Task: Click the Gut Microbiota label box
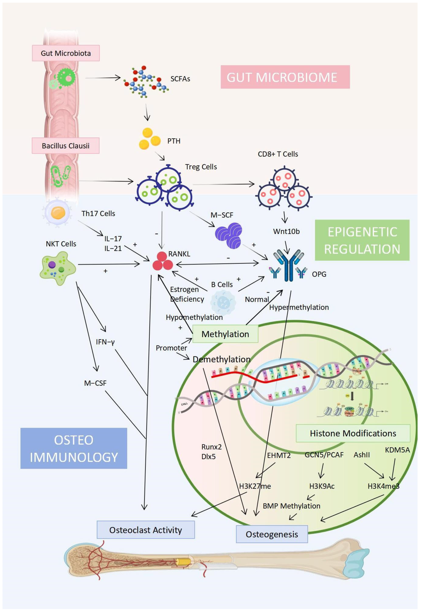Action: [66, 53]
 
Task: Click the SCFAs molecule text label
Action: [180, 79]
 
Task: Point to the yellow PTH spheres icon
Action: [149, 139]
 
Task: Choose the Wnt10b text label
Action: [286, 232]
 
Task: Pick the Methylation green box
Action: [225, 334]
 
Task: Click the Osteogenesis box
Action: [272, 534]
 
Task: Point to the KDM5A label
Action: [397, 450]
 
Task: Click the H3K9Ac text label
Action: [322, 486]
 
